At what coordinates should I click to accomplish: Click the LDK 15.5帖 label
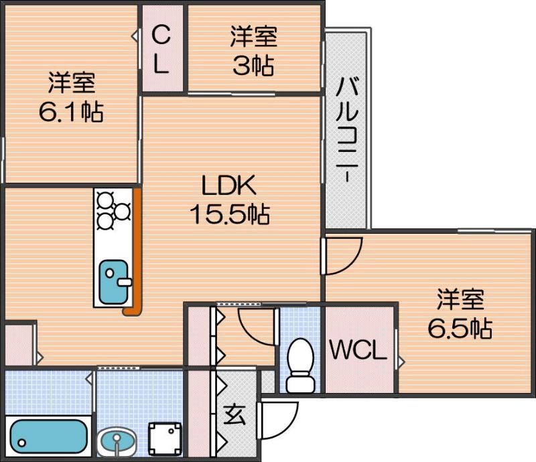[229, 200]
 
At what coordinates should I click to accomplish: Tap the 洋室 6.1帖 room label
[70, 98]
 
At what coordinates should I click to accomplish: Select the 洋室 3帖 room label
[253, 51]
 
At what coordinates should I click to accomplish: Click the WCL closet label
[358, 350]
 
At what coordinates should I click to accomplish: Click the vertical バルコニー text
[346, 131]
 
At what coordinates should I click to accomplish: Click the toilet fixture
[299, 366]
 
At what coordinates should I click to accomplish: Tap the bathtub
[47, 437]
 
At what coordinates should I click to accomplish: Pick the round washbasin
[117, 443]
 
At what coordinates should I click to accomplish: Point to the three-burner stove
[113, 210]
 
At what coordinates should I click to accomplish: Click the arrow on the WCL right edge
[401, 362]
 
